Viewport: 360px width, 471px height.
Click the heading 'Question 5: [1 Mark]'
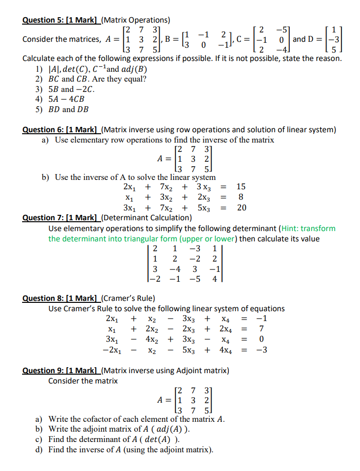(x=61, y=20)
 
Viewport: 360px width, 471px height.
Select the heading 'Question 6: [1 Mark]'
(x=61, y=130)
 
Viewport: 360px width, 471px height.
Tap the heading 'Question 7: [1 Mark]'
(x=61, y=218)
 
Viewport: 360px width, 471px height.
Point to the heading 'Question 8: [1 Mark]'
(x=61, y=298)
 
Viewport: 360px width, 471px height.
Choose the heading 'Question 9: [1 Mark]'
(x=61, y=371)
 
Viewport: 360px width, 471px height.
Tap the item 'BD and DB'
(x=69, y=110)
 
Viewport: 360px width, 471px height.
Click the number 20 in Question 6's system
(x=241, y=207)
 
